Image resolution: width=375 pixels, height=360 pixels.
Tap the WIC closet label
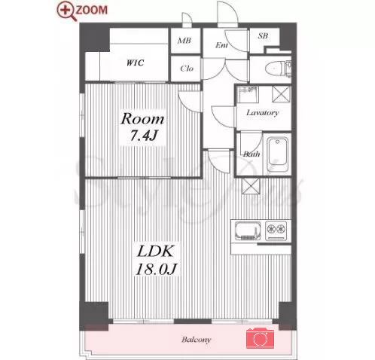135,63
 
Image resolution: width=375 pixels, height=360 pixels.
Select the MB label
184,41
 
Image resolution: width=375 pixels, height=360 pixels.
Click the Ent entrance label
221,45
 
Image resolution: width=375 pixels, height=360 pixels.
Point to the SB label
263,36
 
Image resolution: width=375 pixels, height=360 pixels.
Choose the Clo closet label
187,69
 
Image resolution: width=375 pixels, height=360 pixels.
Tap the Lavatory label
263,113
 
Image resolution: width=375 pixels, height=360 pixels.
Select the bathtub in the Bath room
277,154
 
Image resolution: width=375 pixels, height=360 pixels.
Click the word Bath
252,154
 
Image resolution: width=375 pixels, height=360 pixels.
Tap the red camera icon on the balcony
260,338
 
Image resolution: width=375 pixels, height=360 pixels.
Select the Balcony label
197,340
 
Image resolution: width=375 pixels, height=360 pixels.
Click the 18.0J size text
157,270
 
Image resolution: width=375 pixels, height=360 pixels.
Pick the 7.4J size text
143,136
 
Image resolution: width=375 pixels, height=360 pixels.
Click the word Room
142,119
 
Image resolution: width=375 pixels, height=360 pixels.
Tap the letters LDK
155,252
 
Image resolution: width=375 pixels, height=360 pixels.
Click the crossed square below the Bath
251,186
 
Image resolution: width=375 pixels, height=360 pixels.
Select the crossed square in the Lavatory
282,94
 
